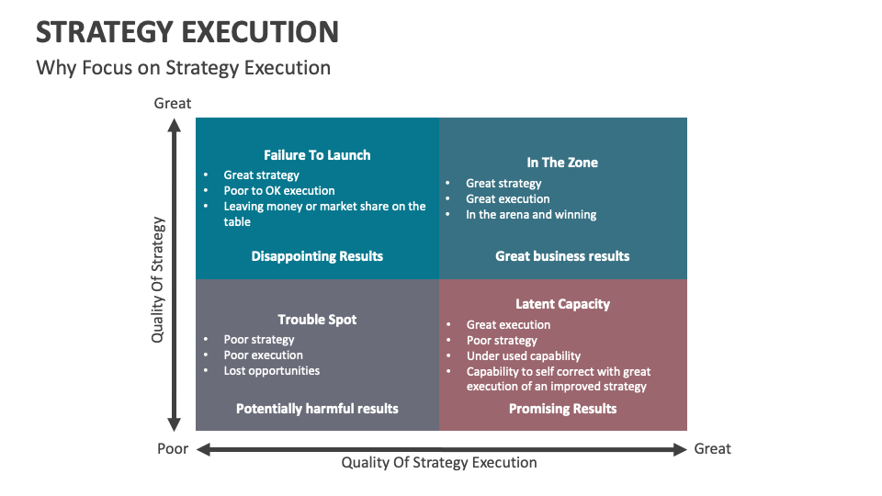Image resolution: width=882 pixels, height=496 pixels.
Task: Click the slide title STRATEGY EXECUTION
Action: point(187,31)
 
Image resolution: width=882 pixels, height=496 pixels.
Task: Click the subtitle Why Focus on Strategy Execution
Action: point(183,67)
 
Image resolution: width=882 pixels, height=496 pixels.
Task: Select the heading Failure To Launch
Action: point(317,155)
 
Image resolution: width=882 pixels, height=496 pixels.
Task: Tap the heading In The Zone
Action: point(562,163)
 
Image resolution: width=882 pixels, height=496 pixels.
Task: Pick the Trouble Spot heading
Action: point(317,320)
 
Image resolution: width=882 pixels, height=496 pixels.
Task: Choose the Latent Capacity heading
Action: point(562,304)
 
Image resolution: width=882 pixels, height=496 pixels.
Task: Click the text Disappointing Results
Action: point(317,256)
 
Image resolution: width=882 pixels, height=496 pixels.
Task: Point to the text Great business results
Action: point(562,256)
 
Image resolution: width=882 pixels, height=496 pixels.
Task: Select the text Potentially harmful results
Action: point(317,409)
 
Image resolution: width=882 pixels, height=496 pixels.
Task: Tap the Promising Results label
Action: point(562,409)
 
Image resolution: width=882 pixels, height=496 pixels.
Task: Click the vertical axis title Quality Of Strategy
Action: point(158,279)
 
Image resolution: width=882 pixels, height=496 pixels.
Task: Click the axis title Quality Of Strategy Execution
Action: point(439,463)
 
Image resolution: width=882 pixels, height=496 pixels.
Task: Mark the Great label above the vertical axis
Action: point(173,103)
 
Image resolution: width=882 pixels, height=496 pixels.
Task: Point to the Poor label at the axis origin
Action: point(173,449)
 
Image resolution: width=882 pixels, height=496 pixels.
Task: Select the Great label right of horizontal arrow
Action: point(713,449)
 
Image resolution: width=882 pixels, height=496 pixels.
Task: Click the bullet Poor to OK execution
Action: point(279,191)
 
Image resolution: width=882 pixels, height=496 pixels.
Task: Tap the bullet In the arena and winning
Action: point(531,215)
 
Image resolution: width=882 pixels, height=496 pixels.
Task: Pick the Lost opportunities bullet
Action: point(272,371)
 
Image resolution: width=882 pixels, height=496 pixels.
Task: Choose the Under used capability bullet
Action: point(524,356)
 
